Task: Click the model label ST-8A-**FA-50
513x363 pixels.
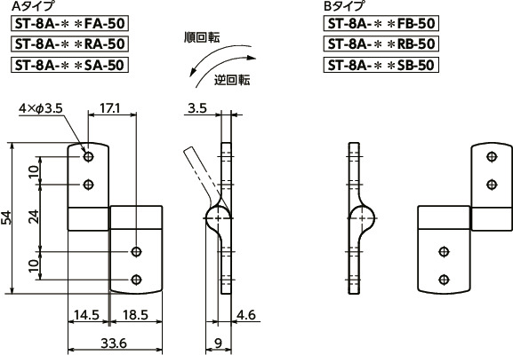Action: (70, 24)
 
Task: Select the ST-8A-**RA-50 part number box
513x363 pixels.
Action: (70, 43)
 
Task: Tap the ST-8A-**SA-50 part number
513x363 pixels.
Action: (70, 64)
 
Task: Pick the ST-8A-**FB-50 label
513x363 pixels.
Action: (381, 24)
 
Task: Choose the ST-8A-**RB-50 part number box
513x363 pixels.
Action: (381, 43)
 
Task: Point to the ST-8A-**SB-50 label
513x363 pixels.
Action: (381, 64)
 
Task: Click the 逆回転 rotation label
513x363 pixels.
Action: (233, 79)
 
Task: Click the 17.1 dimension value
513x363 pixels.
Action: (110, 107)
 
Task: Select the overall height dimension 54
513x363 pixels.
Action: (8, 217)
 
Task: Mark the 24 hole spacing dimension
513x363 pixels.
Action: (34, 217)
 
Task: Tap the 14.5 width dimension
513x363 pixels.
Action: (86, 314)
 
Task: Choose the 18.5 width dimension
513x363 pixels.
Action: (136, 314)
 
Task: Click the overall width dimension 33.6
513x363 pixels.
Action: (112, 343)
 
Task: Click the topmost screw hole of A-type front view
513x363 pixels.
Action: (88, 156)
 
